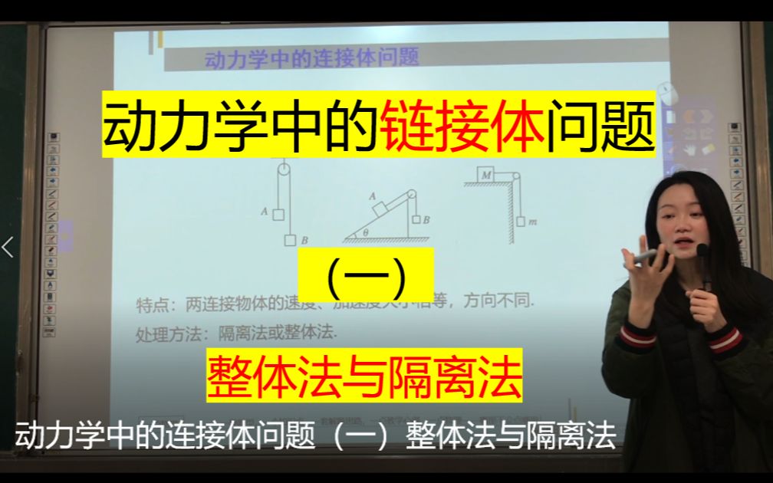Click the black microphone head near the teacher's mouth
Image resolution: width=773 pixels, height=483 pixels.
[x=702, y=250]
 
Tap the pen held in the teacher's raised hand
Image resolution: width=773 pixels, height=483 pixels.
[x=645, y=255]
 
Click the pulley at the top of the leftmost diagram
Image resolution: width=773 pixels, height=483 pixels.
[x=284, y=171]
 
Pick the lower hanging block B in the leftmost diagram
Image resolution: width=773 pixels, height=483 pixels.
[x=290, y=240]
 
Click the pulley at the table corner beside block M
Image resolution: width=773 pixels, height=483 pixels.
[x=513, y=178]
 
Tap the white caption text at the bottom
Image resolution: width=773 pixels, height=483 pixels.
[x=315, y=438]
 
